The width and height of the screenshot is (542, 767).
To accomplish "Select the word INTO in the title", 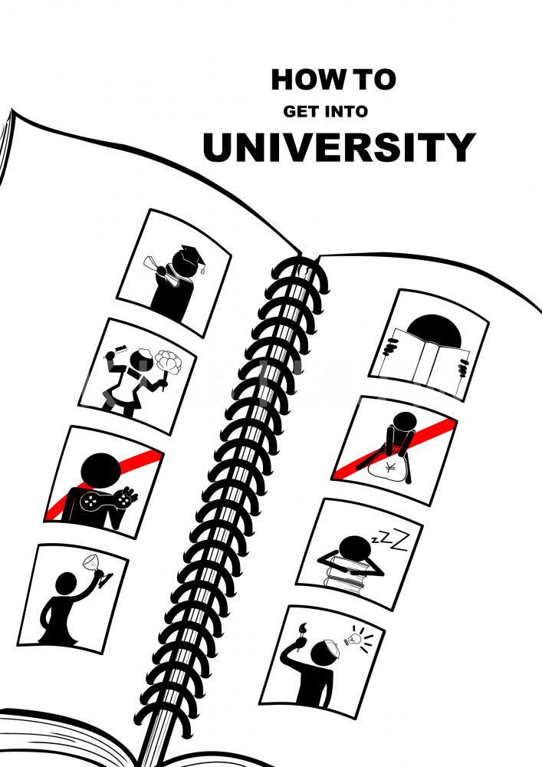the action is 346,111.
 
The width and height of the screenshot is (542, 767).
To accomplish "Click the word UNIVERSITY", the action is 339,146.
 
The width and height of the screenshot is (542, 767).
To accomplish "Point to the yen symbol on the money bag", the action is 390,467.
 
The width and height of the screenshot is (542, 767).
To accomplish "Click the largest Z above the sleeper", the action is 400,542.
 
